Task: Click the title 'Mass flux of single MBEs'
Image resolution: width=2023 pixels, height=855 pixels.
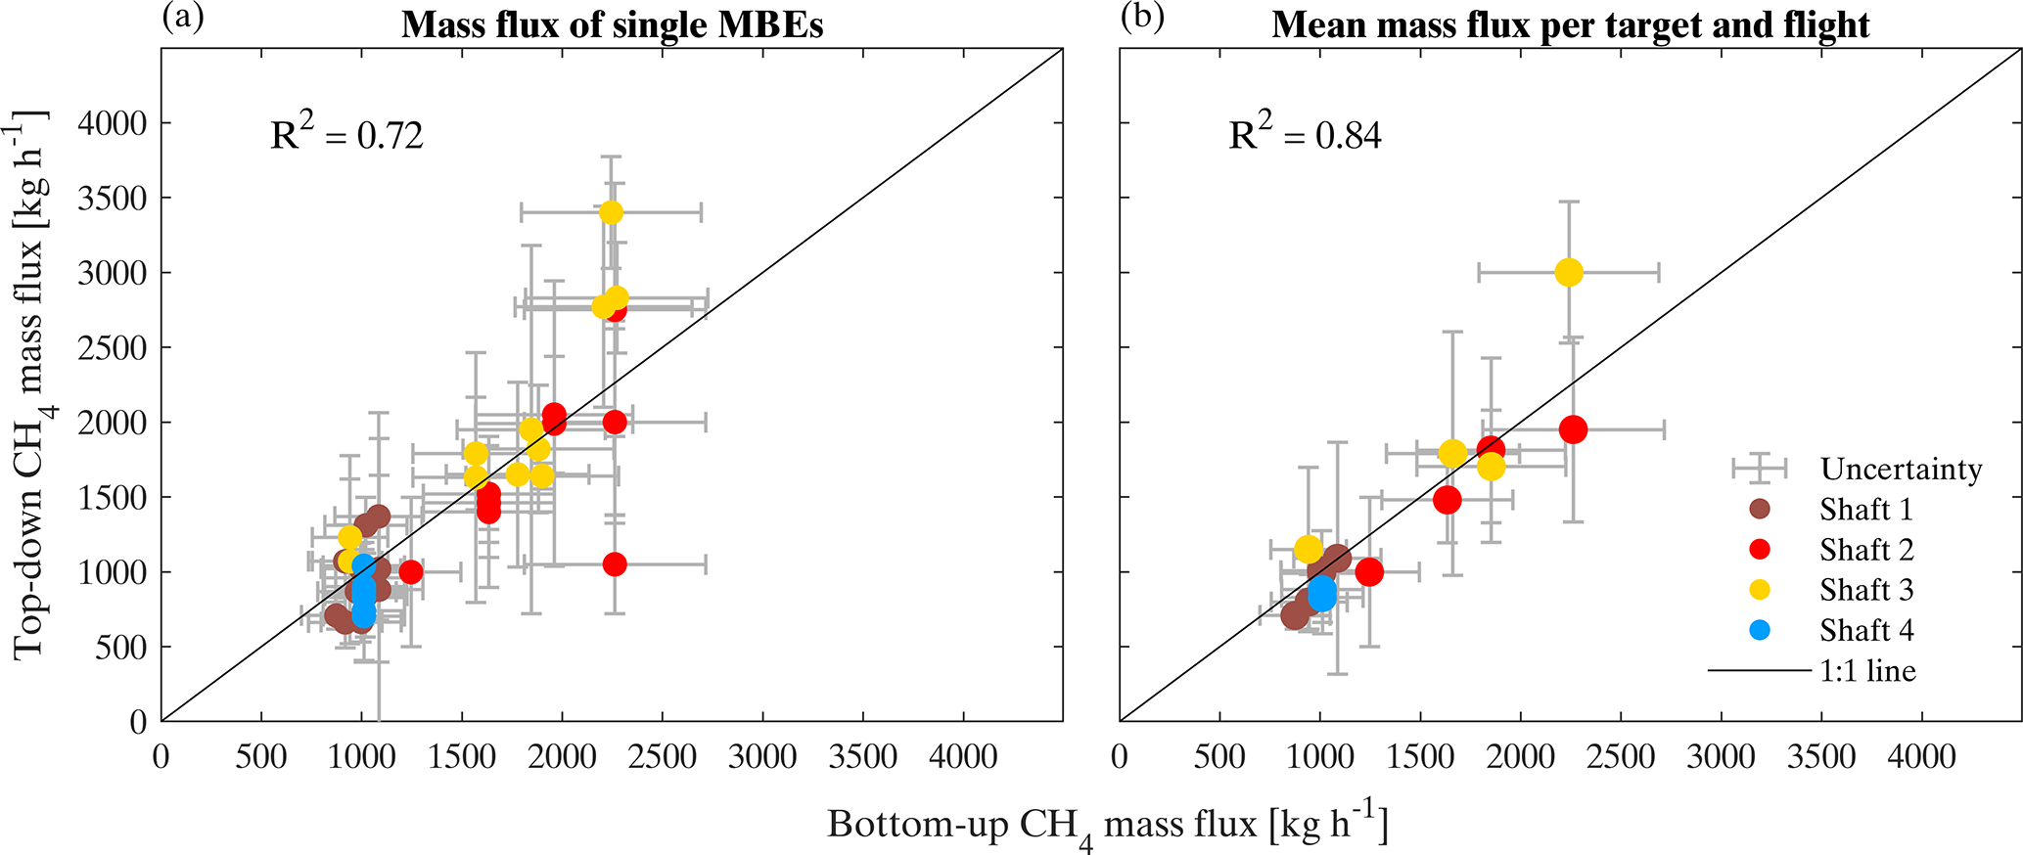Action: click(612, 25)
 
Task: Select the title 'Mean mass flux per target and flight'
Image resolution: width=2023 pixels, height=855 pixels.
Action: click(1570, 25)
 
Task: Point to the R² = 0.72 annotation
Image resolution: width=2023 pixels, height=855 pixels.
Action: click(346, 135)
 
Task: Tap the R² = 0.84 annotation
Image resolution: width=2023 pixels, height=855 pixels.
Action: click(1305, 135)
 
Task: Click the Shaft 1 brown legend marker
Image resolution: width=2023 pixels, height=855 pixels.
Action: click(1760, 510)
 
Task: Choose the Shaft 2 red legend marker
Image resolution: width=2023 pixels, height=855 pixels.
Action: click(1760, 550)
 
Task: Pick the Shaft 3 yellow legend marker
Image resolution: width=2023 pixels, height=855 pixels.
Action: click(1760, 590)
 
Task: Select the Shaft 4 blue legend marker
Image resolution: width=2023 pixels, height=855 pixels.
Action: click(1760, 630)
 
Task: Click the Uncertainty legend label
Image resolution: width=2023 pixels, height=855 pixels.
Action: click(1901, 470)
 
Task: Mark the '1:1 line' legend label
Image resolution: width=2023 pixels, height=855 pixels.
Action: click(1867, 671)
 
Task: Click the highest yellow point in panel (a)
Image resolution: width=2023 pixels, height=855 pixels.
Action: click(611, 212)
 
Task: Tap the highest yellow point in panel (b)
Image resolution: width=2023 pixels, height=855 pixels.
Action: click(1569, 272)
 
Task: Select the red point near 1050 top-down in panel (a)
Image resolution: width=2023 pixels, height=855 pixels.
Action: click(615, 564)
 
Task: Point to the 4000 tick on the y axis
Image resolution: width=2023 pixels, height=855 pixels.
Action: click(112, 123)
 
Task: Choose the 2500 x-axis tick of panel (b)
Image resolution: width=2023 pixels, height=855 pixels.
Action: click(1620, 757)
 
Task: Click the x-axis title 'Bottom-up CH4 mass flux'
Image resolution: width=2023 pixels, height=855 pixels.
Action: click(1107, 826)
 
